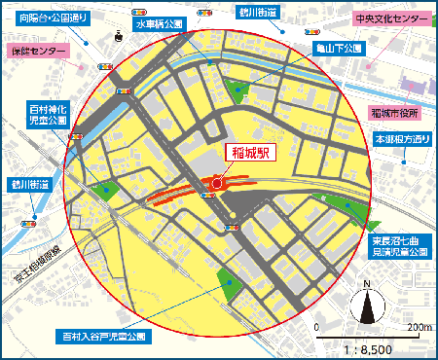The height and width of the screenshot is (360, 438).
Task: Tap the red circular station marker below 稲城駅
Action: pos(217,181)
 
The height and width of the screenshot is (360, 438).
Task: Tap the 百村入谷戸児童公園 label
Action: pos(104,336)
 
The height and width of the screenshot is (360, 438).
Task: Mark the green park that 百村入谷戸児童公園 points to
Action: pos(231,285)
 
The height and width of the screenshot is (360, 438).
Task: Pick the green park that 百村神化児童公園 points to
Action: pos(107,191)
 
